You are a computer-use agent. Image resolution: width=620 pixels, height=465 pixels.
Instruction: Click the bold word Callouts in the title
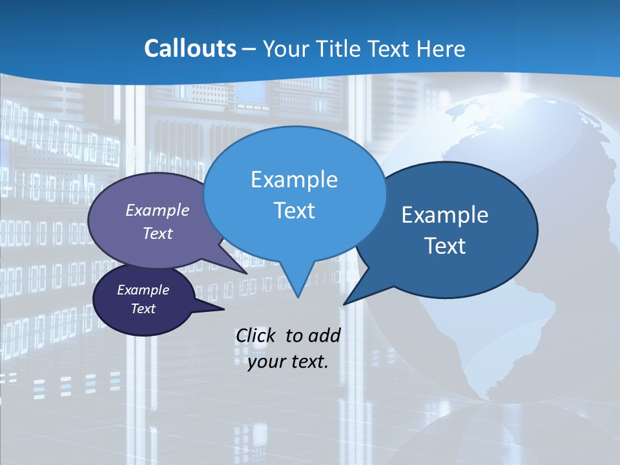tap(190, 48)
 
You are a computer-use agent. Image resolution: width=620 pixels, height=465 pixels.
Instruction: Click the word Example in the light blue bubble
tap(294, 180)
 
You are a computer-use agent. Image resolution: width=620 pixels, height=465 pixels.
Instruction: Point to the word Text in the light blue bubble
tap(294, 211)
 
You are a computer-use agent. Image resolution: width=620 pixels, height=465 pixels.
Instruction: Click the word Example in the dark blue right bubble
tap(445, 215)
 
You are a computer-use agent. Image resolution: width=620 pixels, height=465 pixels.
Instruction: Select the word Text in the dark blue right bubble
tap(445, 246)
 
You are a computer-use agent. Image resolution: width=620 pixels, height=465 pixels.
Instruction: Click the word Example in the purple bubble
tap(158, 210)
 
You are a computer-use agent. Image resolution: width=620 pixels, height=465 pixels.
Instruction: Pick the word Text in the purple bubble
tap(158, 233)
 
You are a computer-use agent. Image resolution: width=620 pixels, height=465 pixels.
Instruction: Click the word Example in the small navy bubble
tap(143, 290)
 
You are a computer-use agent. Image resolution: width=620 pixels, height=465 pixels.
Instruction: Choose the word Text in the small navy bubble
tap(143, 309)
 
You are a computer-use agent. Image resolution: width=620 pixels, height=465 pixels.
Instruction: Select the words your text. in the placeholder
tap(288, 361)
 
